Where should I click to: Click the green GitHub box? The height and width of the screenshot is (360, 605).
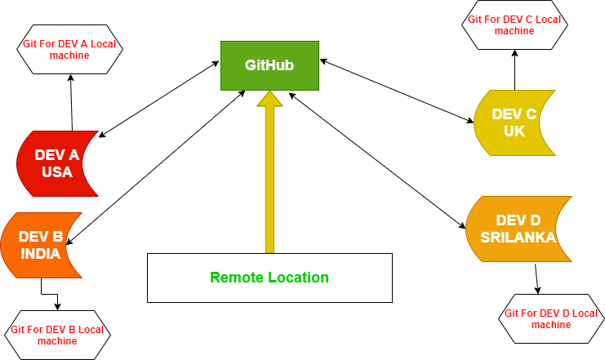[269, 65]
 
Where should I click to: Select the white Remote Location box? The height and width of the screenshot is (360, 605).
[269, 278]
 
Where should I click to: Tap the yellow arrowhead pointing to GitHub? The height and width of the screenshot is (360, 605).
[269, 100]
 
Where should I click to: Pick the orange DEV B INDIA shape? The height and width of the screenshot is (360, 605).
[40, 245]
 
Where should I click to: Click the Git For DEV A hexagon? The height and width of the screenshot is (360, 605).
[69, 49]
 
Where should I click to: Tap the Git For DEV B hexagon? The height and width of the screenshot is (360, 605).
[57, 335]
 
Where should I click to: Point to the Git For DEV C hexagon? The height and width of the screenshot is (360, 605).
[514, 24]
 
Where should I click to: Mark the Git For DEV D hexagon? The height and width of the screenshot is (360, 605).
[551, 318]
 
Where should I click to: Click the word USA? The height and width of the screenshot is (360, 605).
[57, 172]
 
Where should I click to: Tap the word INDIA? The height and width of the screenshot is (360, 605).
[41, 254]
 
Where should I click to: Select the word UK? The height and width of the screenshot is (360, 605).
[514, 131]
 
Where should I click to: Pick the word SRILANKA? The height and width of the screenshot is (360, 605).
[518, 238]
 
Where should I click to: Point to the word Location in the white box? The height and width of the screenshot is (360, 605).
[298, 278]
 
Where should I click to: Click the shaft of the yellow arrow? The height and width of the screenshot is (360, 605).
[269, 180]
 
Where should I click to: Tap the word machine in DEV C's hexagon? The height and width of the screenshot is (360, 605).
[514, 31]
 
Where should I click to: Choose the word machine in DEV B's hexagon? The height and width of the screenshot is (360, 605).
[57, 340]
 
